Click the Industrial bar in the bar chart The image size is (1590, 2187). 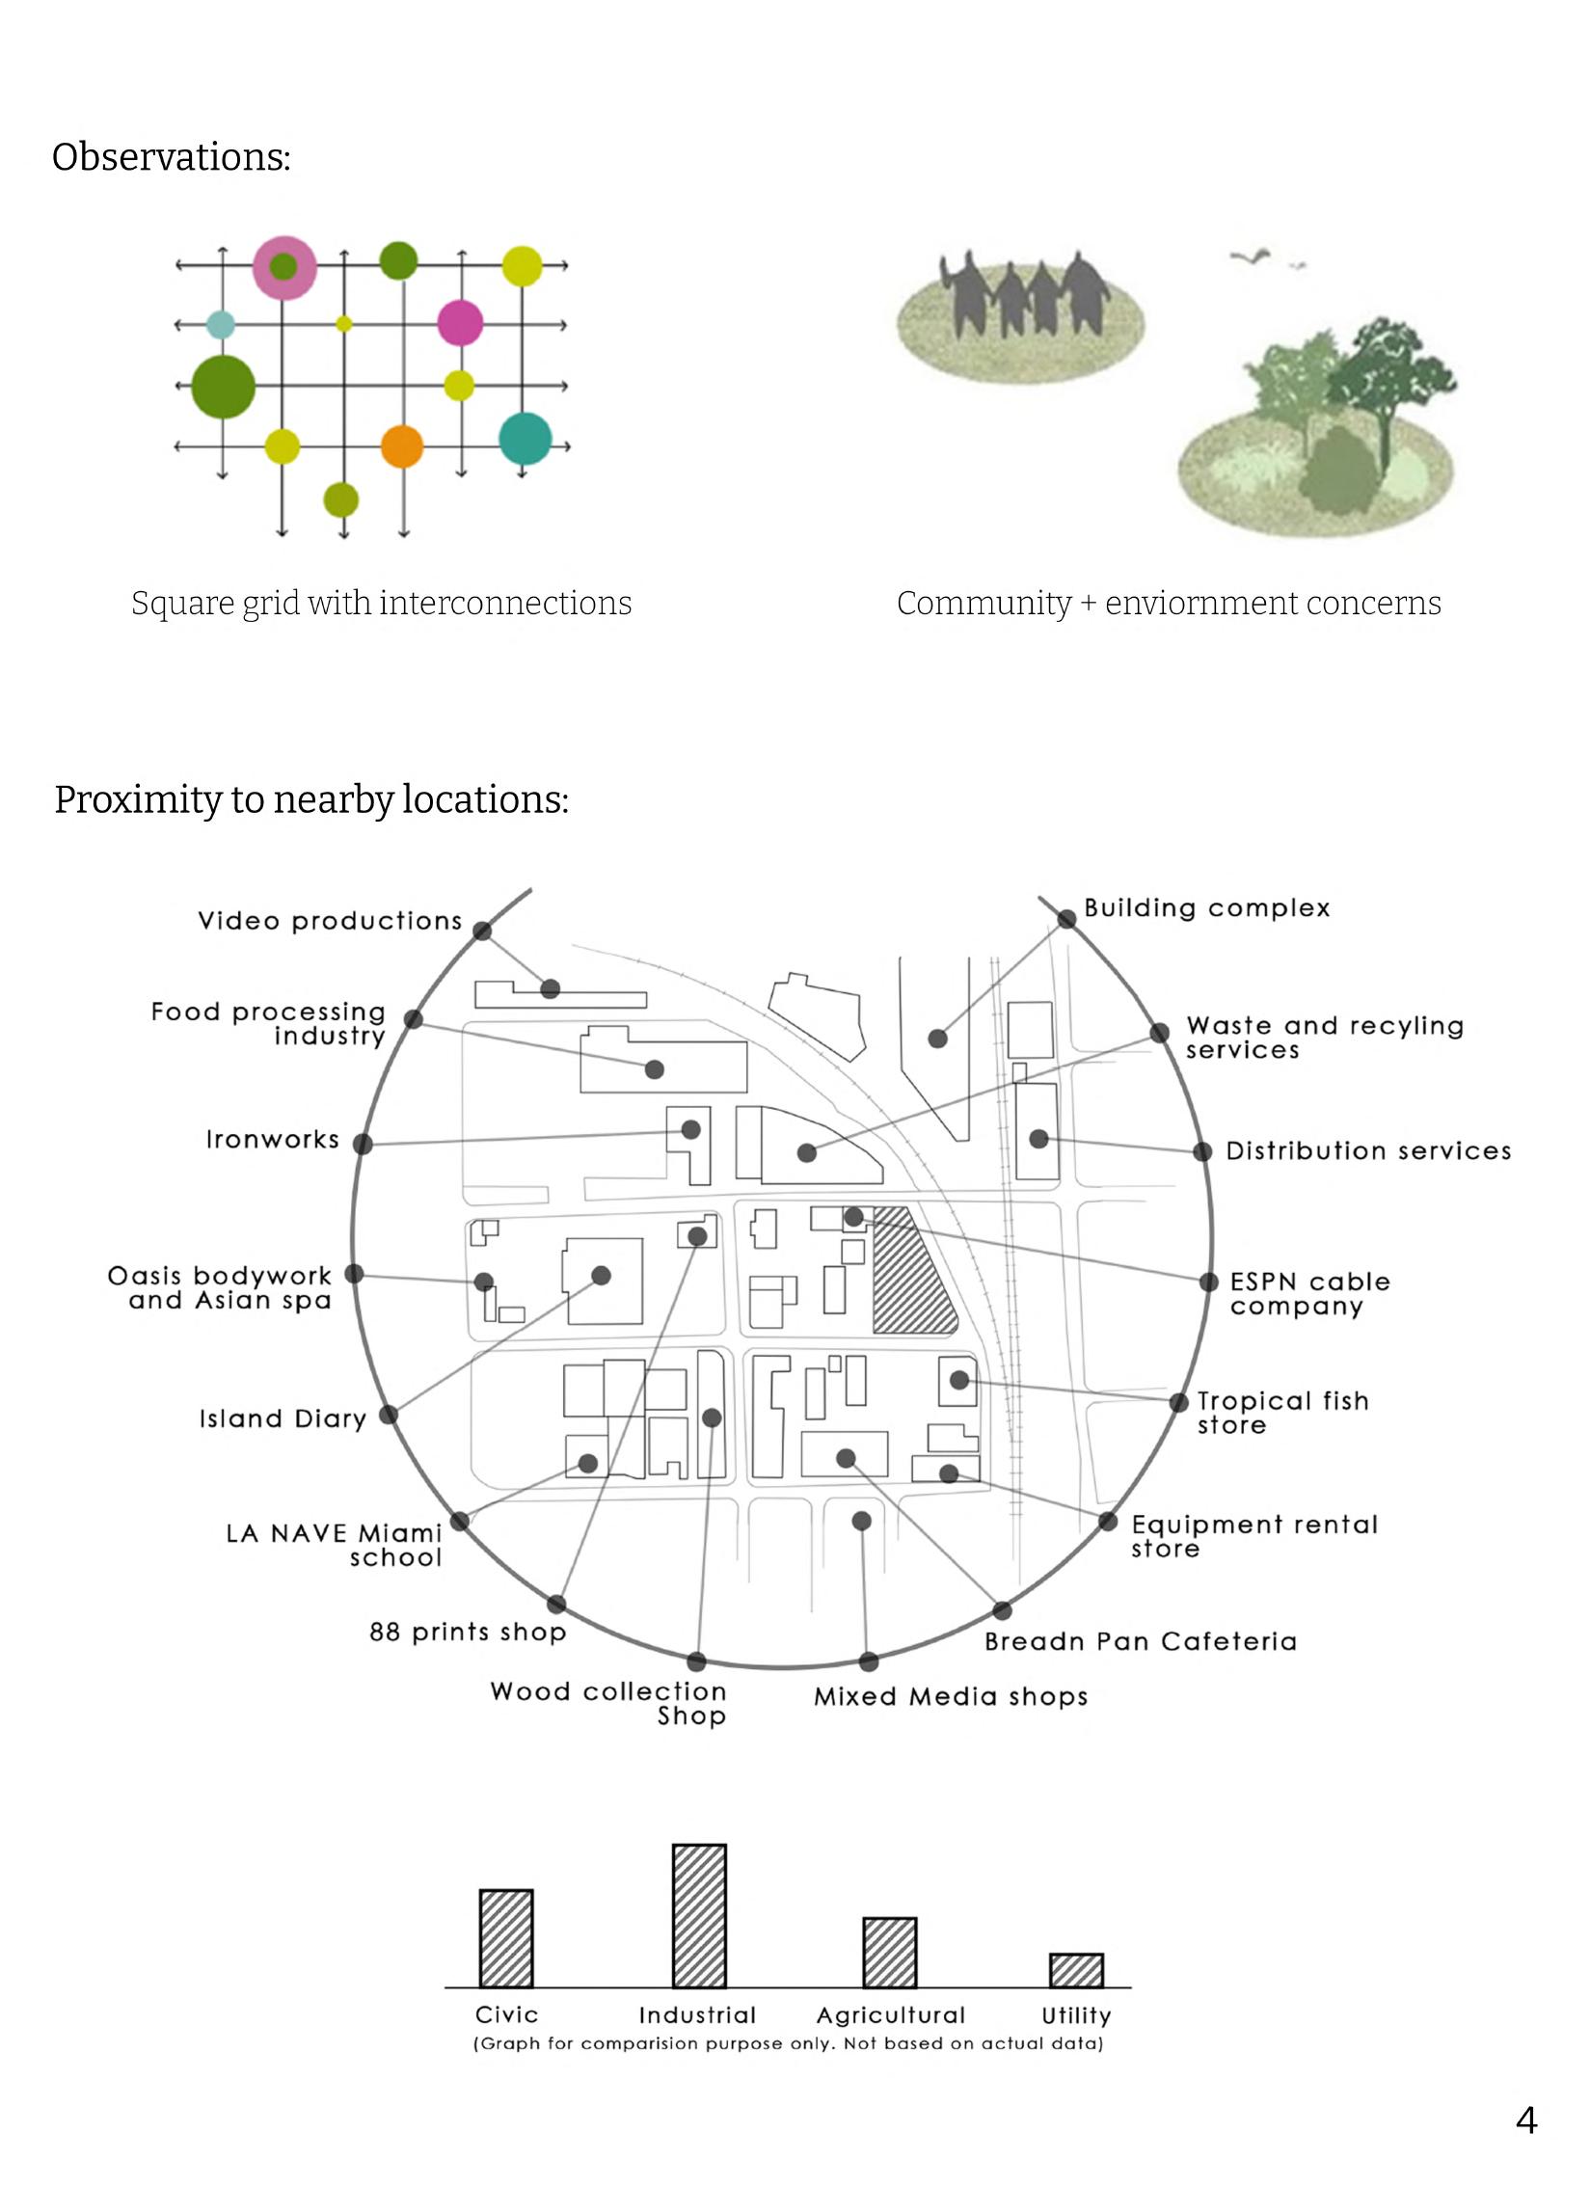(699, 1915)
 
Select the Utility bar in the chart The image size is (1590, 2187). (1076, 1970)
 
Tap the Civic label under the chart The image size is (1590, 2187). (506, 2014)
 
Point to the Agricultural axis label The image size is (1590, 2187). (890, 2015)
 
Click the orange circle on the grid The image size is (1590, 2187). (402, 446)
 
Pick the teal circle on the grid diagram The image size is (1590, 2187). (526, 439)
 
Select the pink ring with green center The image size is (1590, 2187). (283, 266)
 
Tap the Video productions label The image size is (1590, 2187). (330, 921)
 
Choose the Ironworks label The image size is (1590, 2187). (273, 1140)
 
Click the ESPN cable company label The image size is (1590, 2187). (1308, 1294)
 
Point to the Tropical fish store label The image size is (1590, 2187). (1282, 1413)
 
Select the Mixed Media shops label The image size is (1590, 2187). (951, 1697)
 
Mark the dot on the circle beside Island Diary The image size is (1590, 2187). (389, 1415)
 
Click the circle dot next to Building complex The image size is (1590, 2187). (1066, 919)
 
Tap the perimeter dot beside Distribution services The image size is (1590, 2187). (1202, 1151)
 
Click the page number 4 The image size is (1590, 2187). (1526, 2119)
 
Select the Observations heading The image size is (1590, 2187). (171, 157)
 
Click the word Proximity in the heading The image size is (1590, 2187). (137, 800)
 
